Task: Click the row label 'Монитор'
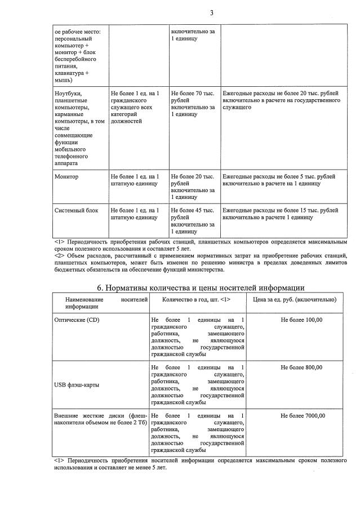coord(66,176)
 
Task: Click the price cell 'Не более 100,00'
coord(301,320)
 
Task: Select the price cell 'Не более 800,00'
coord(301,367)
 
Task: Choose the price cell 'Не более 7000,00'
coord(301,416)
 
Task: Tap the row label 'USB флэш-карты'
coord(77,385)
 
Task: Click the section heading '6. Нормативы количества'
coord(201,288)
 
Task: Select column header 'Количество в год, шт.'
coord(197,299)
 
